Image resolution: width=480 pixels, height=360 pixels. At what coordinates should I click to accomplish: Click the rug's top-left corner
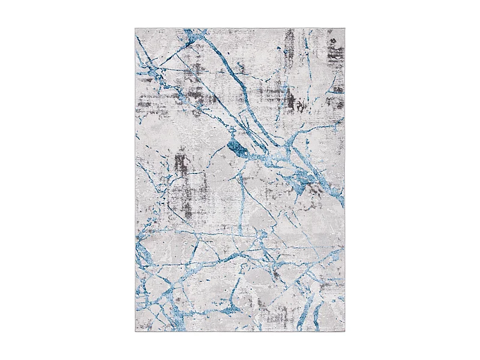(x=136, y=28)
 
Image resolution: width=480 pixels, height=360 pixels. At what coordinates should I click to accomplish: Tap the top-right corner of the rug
(x=345, y=28)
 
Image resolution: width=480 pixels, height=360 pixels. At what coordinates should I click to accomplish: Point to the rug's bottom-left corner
(x=136, y=331)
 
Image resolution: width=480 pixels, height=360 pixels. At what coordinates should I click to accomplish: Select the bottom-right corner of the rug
(x=345, y=331)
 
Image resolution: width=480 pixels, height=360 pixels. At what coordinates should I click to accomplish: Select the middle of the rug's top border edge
(x=240, y=28)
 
